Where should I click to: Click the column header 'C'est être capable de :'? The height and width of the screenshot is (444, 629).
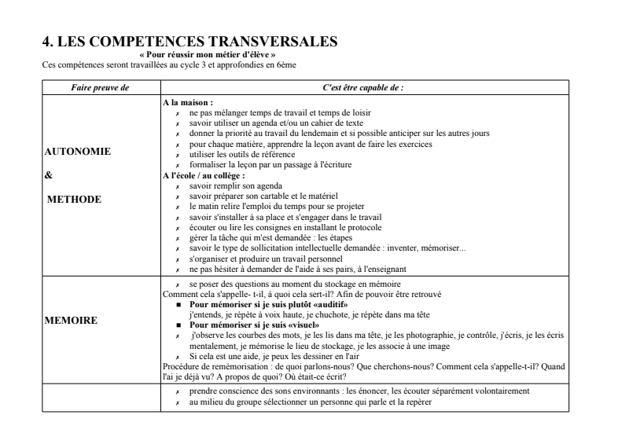pyautogui.click(x=362, y=87)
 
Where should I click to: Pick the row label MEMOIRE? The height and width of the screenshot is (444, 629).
pyautogui.click(x=72, y=321)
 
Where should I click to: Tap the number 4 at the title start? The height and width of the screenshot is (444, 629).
pyautogui.click(x=46, y=40)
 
